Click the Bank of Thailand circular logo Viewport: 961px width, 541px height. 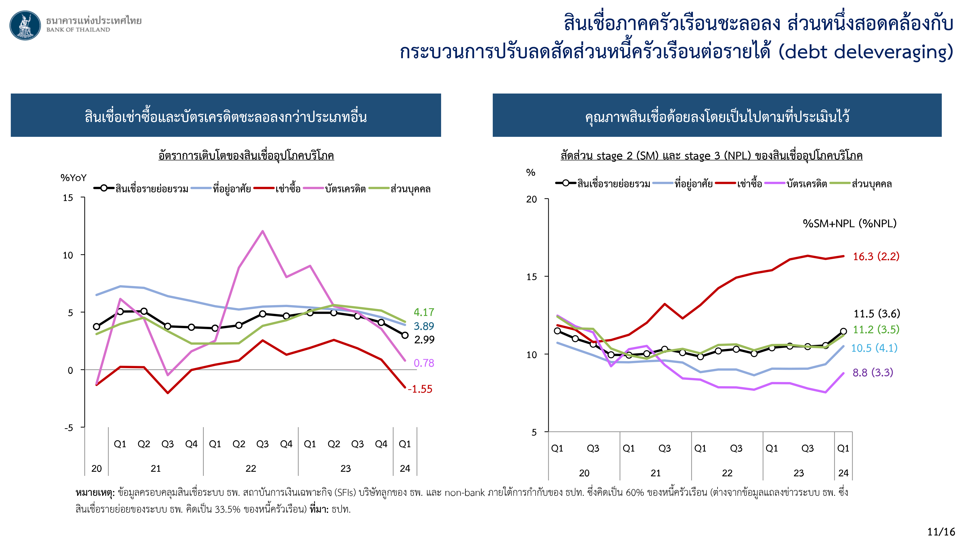pos(25,25)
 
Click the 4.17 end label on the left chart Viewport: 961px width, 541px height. pos(424,312)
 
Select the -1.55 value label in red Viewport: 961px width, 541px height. pos(420,389)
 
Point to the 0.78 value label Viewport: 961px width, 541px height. pos(424,363)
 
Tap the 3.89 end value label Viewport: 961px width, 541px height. pos(424,326)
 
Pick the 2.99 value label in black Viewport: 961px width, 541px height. pos(424,340)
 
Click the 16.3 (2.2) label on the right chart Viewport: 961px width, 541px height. pos(876,257)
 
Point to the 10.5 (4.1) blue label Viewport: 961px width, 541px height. pos(874,348)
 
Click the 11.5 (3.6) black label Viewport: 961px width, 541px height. pos(877,314)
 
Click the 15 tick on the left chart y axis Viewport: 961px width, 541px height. pos(68,198)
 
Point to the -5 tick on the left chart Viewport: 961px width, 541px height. pos(69,428)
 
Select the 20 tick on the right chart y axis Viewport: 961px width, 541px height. pos(531,199)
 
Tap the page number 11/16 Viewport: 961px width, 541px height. pos(941,532)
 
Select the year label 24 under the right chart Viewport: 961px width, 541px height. pos(843,473)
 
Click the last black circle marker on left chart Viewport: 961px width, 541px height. pos(405,335)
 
